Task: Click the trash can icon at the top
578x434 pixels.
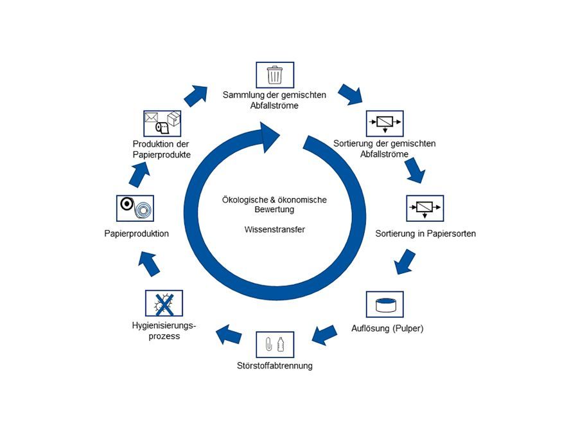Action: (274, 75)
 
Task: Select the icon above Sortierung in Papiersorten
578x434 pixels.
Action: (425, 208)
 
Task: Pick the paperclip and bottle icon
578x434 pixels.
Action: (274, 345)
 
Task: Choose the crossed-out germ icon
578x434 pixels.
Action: (164, 303)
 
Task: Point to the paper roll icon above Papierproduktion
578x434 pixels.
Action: (136, 208)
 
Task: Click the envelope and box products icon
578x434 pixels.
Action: (162, 123)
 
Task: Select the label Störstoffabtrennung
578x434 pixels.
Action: (274, 366)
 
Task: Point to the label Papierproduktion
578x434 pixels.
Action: (136, 233)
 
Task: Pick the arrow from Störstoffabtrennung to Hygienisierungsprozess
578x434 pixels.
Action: (229, 334)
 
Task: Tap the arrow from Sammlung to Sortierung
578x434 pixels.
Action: (351, 94)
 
